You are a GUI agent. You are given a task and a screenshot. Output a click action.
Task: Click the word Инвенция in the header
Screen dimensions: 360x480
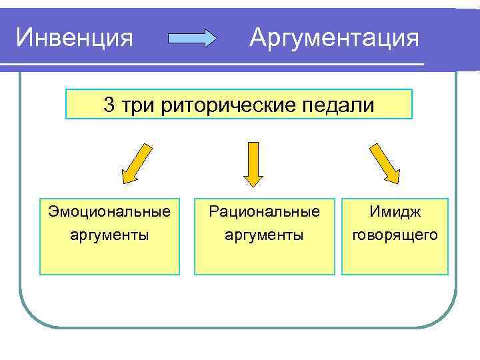point(74,37)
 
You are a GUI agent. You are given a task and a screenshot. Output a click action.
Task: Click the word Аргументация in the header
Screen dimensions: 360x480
point(334,37)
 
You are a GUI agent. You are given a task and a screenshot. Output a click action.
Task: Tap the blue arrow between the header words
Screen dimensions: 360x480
point(192,39)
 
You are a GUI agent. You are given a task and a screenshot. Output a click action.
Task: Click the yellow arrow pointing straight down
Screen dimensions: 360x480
point(253,163)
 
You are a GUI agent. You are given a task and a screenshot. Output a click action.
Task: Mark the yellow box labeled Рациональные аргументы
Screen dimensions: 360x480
point(264,257)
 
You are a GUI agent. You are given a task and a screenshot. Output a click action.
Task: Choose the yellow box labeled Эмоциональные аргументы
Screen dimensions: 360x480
point(109,257)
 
